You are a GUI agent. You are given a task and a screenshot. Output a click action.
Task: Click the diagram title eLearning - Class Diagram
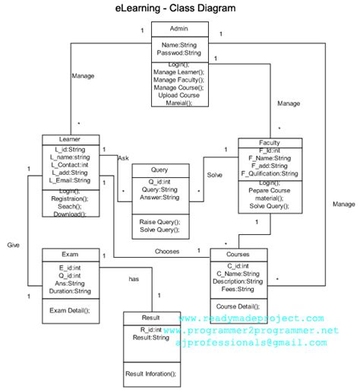180,9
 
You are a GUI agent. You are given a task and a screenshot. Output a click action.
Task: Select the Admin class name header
179,29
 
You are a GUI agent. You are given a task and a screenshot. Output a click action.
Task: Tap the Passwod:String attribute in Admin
179,53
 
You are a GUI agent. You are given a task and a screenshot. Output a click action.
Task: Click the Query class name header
159,170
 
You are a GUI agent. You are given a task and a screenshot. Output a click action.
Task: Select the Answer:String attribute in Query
159,198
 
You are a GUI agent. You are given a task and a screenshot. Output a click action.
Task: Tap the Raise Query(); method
159,221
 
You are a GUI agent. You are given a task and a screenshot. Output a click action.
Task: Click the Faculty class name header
270,143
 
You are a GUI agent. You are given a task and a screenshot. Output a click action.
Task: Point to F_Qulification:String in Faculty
271,174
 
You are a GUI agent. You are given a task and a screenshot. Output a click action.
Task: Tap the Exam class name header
69,253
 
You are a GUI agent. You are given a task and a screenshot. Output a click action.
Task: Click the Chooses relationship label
166,251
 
